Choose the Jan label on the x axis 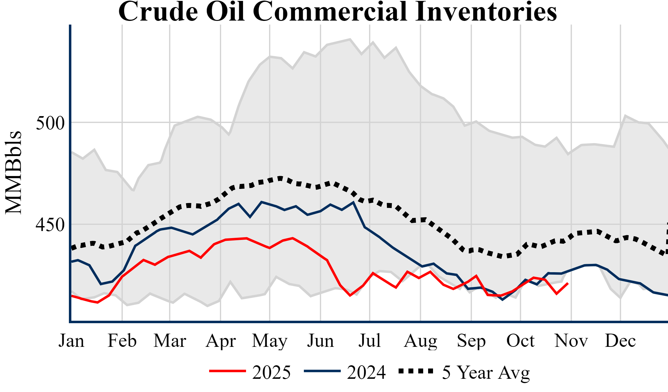pos(71,341)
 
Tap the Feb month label pos(122,341)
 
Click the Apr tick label pos(221,341)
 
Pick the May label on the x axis pos(270,341)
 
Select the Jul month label pos(370,341)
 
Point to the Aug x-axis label pos(420,341)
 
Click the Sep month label pos(471,341)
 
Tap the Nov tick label pos(571,341)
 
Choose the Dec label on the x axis pos(620,341)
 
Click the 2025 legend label pos(271,372)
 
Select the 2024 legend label pos(366,372)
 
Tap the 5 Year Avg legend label pos(486,372)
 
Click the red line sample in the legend pos(228,371)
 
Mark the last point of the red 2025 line pos(568,283)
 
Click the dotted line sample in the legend pos(416,371)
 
